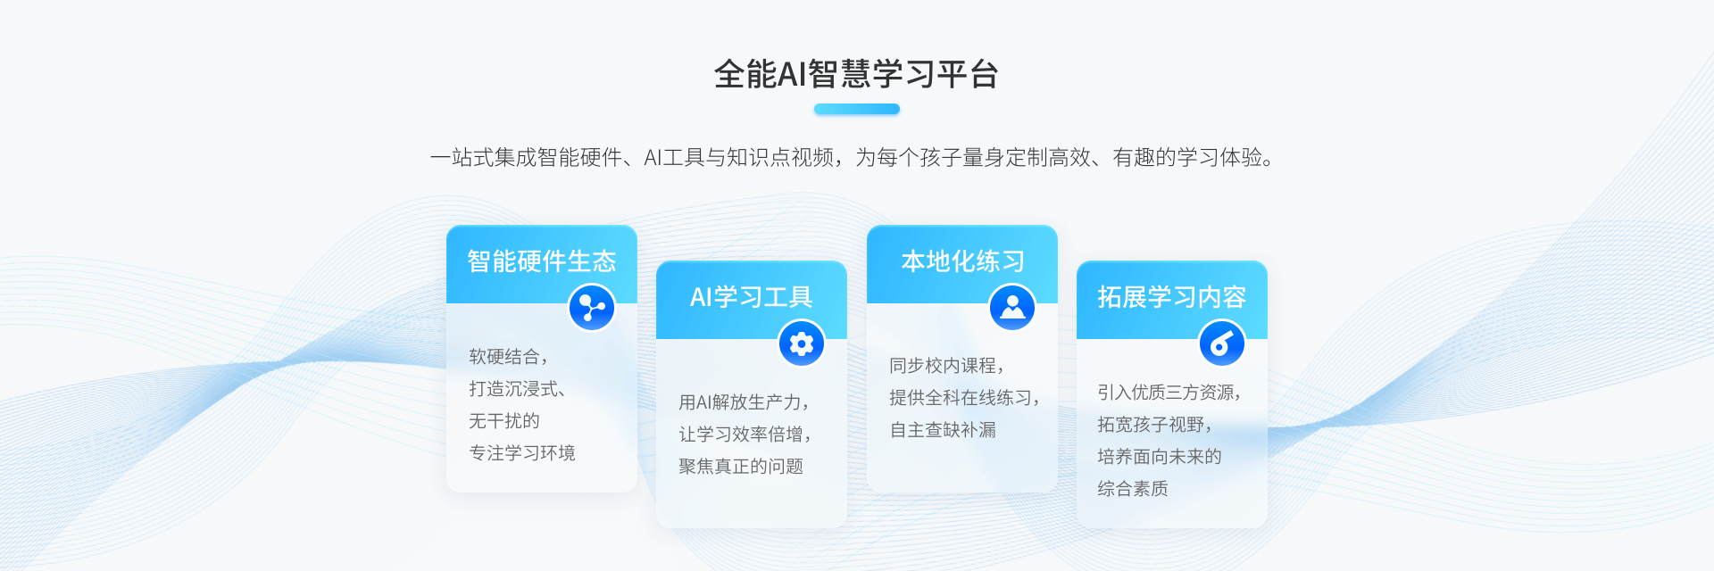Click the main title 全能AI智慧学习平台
[x=856, y=74]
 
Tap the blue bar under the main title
[x=856, y=109]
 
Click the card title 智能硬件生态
[x=541, y=261]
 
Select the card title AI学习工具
[x=751, y=297]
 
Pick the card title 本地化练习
[x=962, y=261]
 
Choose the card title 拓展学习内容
[x=1171, y=297]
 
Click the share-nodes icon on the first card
[x=592, y=308]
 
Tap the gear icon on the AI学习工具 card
[x=802, y=343]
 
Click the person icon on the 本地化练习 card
[x=1012, y=308]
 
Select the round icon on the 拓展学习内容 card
[x=1222, y=343]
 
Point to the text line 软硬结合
[x=505, y=357]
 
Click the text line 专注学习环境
[x=522, y=453]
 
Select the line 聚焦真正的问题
[x=741, y=467]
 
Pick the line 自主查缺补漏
[x=943, y=430]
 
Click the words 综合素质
[x=1133, y=489]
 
